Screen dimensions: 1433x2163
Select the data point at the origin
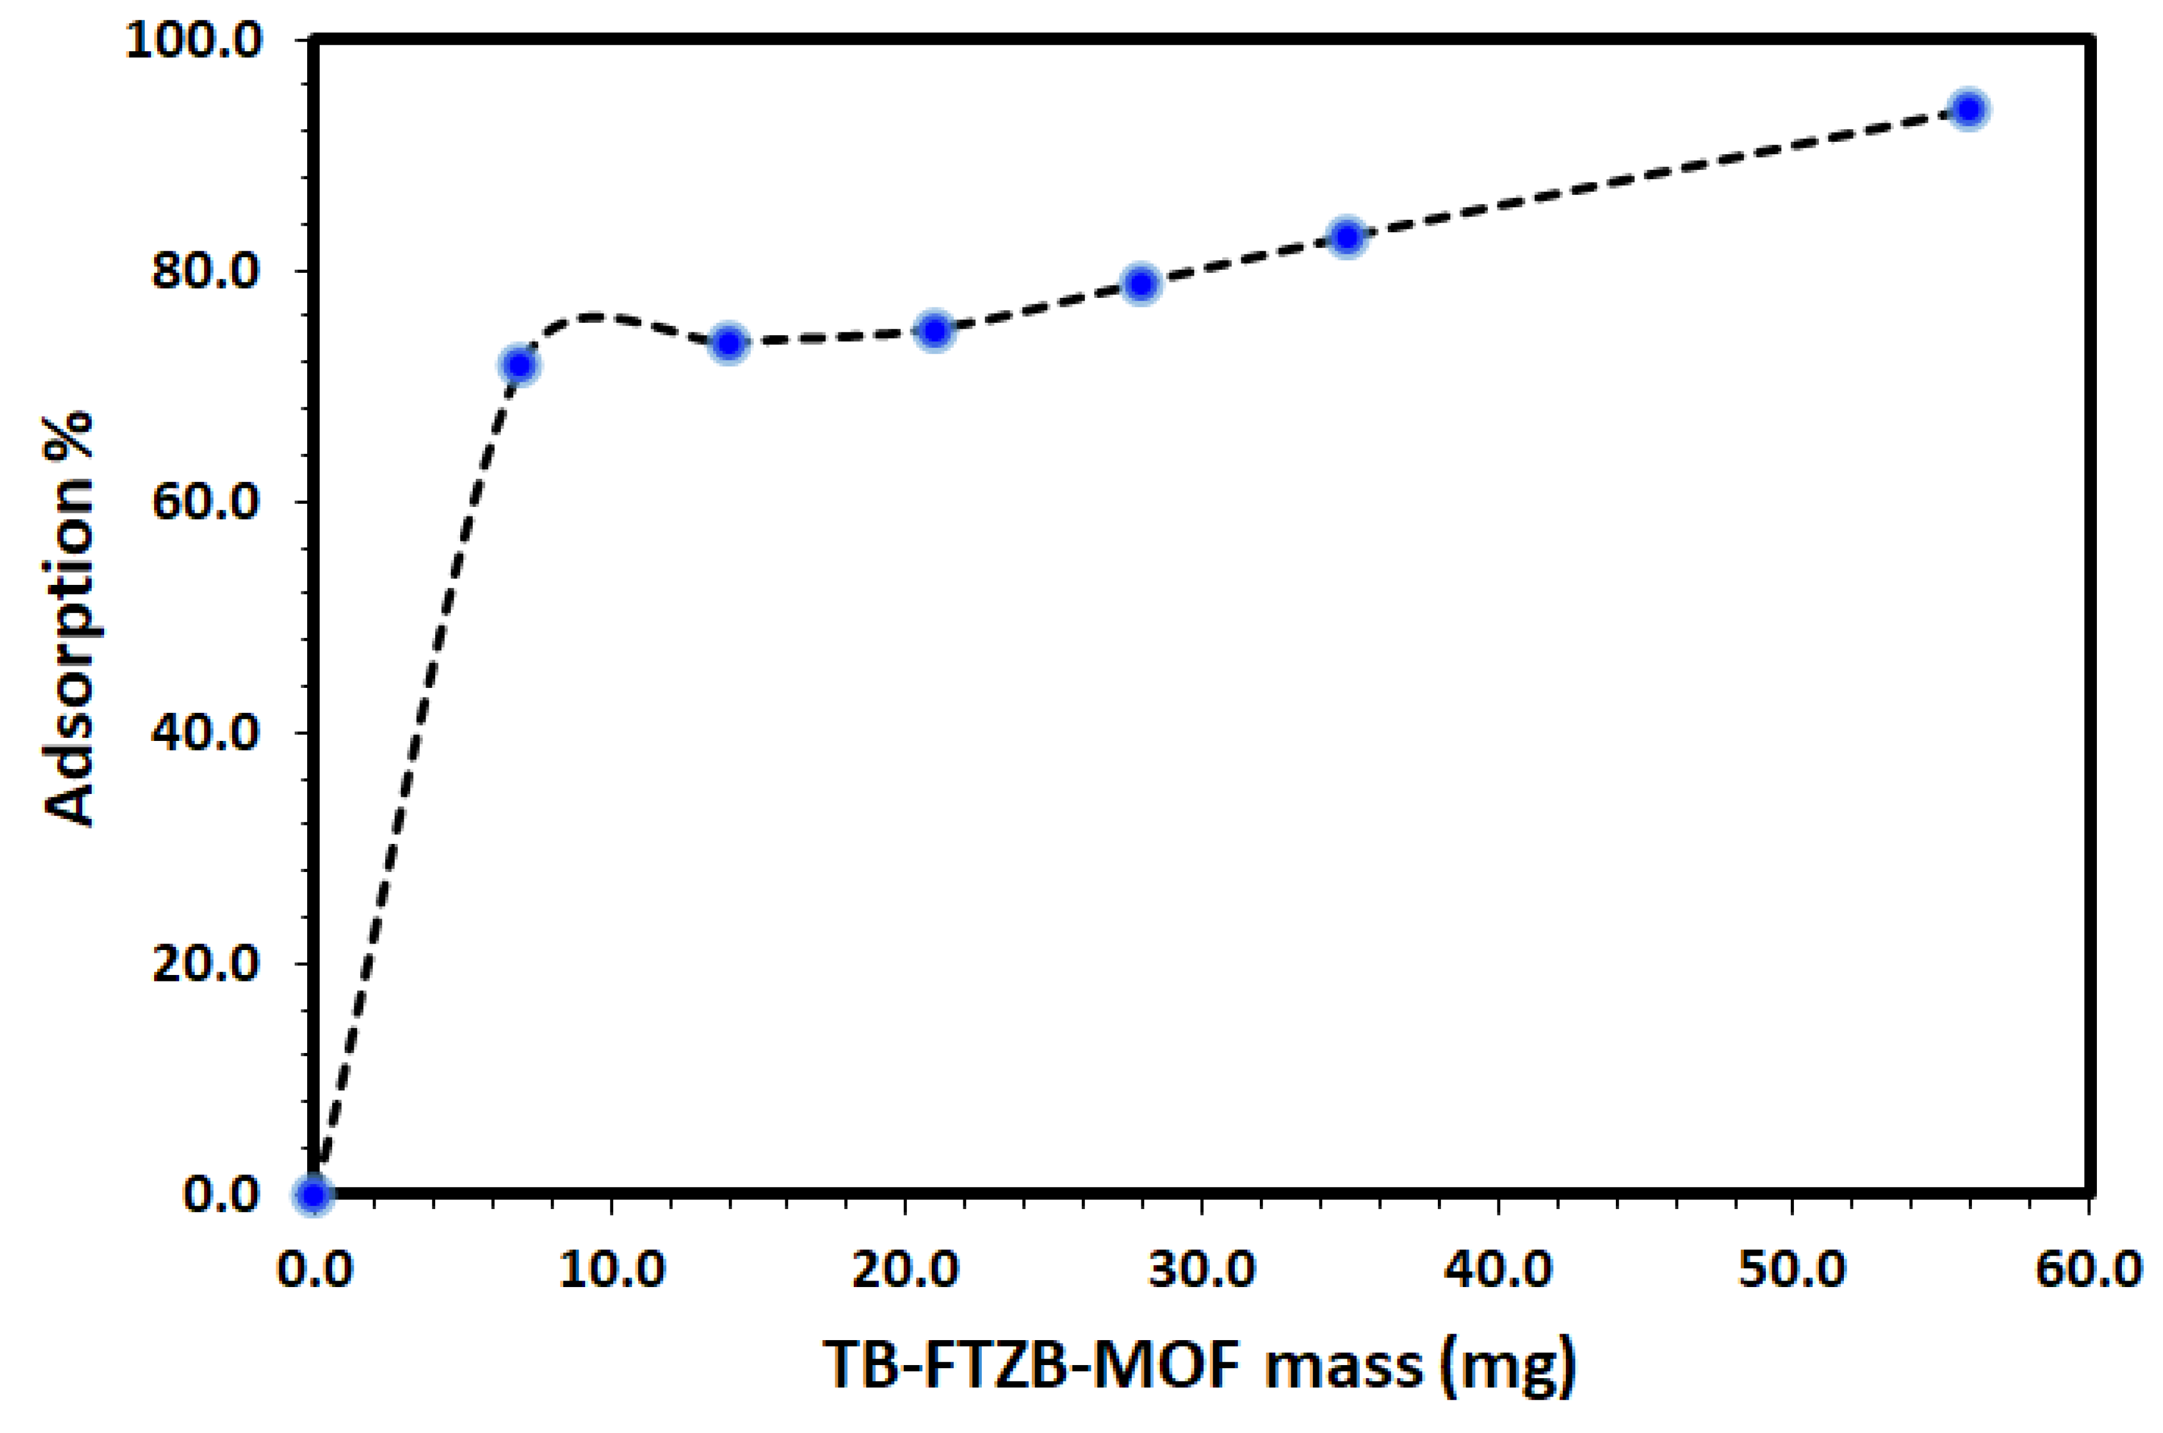click(313, 1194)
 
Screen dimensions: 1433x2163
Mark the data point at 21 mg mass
click(934, 330)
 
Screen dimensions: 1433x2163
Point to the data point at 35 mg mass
click(1347, 238)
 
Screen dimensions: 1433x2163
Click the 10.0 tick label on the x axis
click(611, 1270)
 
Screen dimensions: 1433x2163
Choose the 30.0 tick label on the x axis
click(1202, 1270)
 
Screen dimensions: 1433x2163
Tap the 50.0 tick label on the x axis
click(1792, 1270)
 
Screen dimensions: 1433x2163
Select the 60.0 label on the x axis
click(2088, 1270)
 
